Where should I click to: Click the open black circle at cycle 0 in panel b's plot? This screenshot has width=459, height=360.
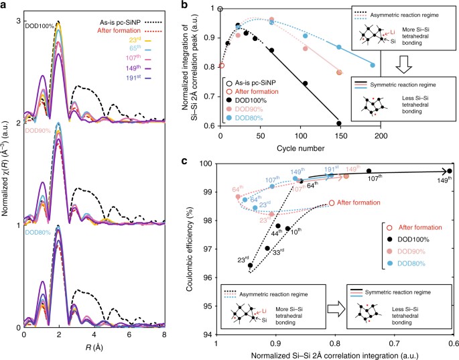tap(220, 8)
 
